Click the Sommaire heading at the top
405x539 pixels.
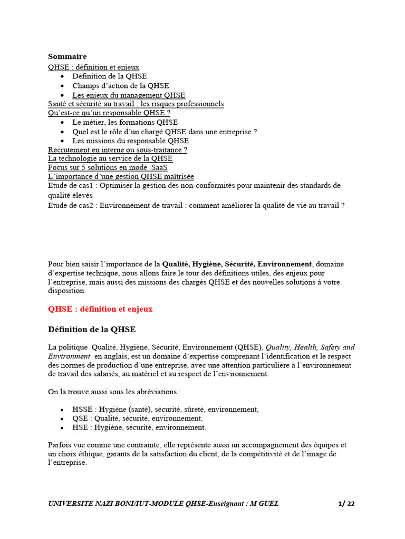pos(67,56)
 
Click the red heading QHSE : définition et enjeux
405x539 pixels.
pos(100,309)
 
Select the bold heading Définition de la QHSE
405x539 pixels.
pos(92,330)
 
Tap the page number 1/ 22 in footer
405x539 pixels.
pos(346,504)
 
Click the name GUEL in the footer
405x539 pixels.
pos(268,504)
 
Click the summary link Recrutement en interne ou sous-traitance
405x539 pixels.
pos(117,149)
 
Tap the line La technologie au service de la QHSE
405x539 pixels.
pos(110,158)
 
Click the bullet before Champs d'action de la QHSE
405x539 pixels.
pos(62,86)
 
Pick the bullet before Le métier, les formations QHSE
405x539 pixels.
pos(62,123)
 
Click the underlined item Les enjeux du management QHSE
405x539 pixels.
pos(129,95)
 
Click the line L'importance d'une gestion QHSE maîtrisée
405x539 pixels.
pos(121,176)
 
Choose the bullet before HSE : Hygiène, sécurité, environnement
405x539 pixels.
pos(62,428)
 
